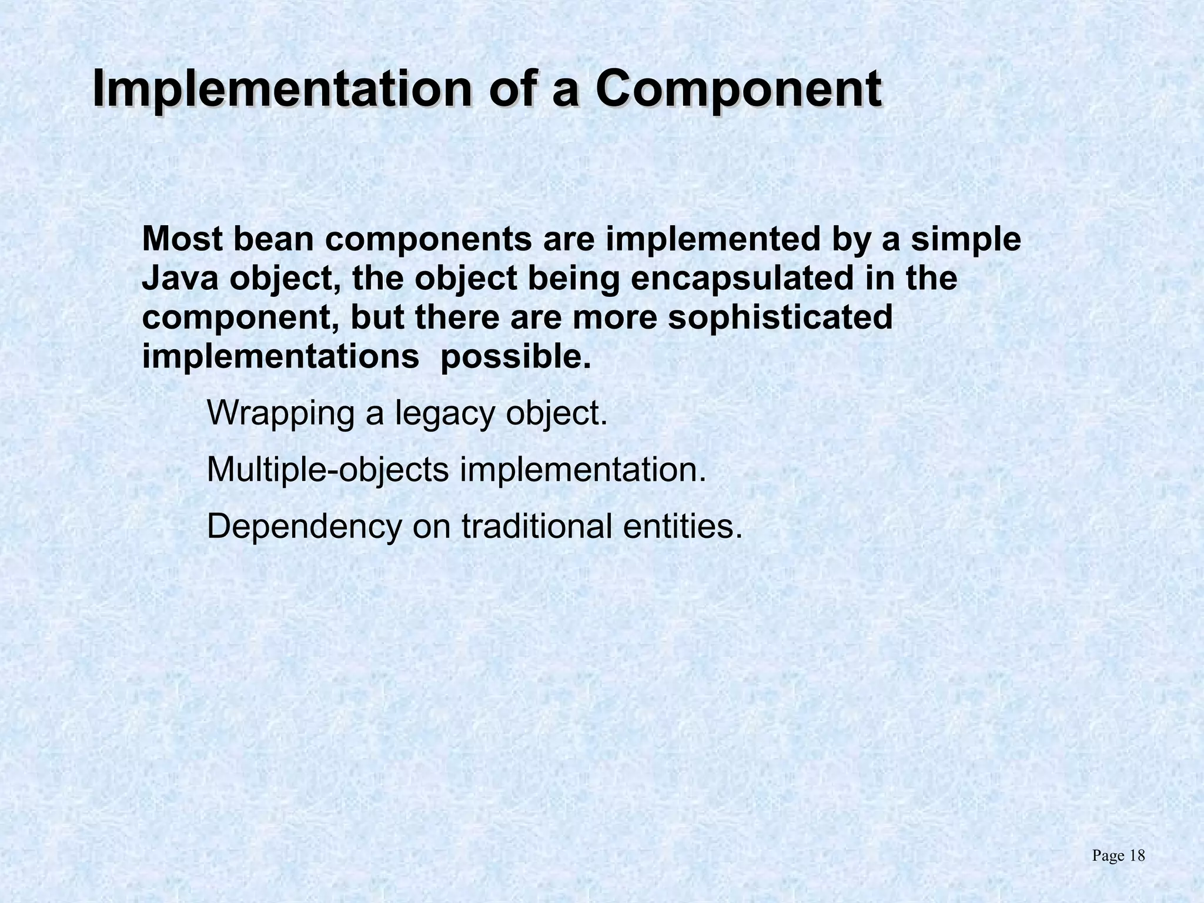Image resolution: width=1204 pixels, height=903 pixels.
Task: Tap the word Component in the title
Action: [738, 89]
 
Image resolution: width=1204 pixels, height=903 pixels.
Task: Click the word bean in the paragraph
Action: [274, 239]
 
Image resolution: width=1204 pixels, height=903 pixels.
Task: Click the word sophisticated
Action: [780, 317]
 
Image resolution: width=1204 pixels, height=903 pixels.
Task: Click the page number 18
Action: [1137, 856]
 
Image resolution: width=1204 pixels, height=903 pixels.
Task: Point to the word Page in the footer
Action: [1108, 856]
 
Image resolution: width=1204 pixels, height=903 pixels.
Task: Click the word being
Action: [574, 278]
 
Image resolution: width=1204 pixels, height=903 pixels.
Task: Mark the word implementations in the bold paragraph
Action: [281, 356]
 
